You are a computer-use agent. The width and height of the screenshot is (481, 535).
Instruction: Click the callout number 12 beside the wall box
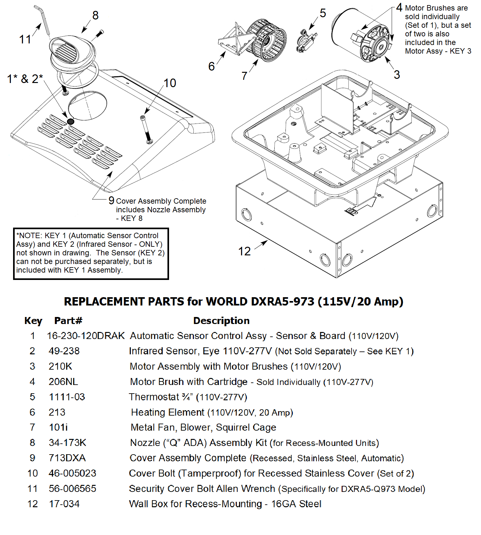pyautogui.click(x=245, y=251)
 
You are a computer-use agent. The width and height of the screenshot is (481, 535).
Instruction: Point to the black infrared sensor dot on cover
pyautogui.click(x=70, y=121)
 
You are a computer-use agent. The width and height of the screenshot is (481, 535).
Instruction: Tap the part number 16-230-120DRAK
pyautogui.click(x=86, y=336)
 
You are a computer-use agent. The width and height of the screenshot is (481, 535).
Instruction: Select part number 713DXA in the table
pyautogui.click(x=67, y=458)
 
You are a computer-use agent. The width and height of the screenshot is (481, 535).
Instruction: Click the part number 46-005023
pyautogui.click(x=72, y=473)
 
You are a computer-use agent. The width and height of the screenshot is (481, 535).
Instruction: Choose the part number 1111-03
pyautogui.click(x=67, y=397)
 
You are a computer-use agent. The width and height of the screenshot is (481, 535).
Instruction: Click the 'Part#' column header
pyautogui.click(x=68, y=320)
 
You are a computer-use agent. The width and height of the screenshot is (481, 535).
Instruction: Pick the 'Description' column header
pyautogui.click(x=221, y=320)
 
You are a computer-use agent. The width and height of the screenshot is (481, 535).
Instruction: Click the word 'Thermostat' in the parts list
pyautogui.click(x=154, y=397)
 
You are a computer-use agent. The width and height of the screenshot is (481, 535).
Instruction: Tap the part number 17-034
pyautogui.click(x=64, y=504)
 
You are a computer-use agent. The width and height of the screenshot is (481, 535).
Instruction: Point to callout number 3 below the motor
pyautogui.click(x=397, y=75)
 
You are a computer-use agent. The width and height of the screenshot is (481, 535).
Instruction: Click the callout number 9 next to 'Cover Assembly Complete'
pyautogui.click(x=111, y=200)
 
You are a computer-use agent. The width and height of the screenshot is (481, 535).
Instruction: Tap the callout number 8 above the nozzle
pyautogui.click(x=95, y=15)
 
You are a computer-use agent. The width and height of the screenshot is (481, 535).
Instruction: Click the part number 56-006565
pyautogui.click(x=72, y=489)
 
